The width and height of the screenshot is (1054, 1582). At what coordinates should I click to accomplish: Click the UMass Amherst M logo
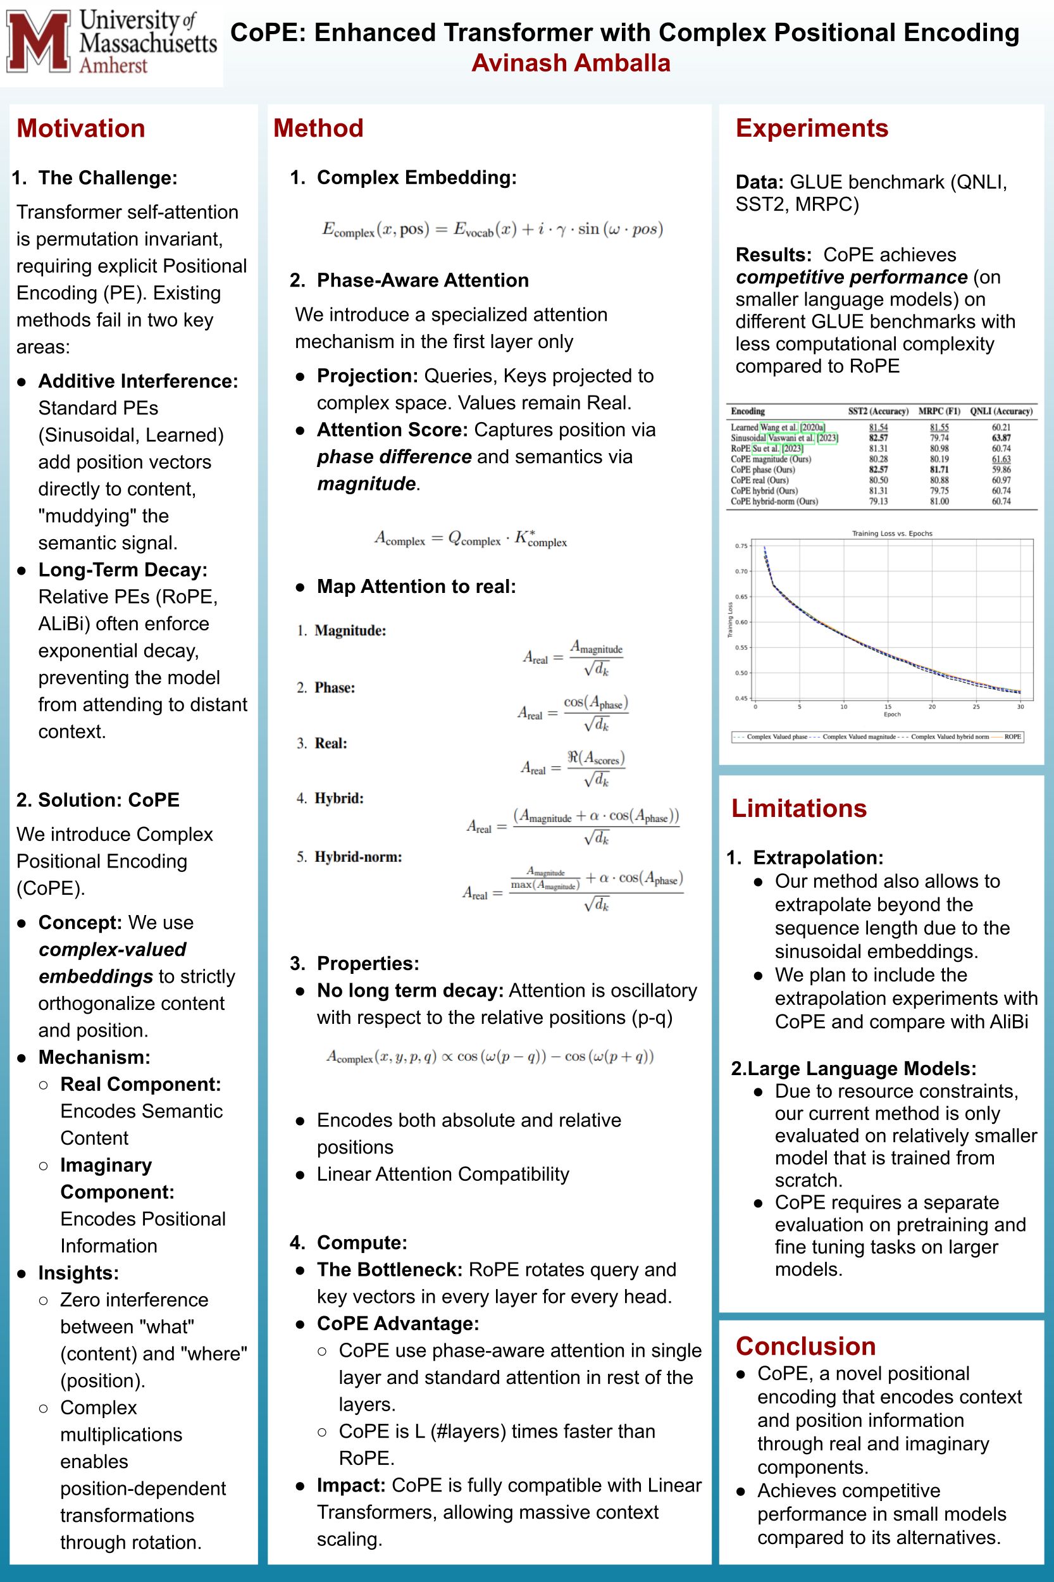click(x=39, y=42)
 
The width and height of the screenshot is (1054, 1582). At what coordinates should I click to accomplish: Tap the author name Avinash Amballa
click(x=571, y=63)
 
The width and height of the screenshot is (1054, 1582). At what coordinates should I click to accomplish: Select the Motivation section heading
click(x=81, y=128)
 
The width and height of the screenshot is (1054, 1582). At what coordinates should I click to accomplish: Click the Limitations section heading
click(x=798, y=808)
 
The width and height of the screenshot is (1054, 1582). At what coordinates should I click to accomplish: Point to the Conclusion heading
click(x=805, y=1346)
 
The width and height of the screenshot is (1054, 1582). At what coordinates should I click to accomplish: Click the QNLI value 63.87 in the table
click(x=1001, y=438)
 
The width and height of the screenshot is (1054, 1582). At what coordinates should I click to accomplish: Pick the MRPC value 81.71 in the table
click(x=939, y=470)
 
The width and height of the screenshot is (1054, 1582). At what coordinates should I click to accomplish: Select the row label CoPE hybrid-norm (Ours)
click(x=774, y=502)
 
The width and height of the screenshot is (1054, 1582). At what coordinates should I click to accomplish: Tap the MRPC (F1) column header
click(x=939, y=411)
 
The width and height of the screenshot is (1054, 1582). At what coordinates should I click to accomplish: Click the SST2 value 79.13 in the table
click(x=878, y=502)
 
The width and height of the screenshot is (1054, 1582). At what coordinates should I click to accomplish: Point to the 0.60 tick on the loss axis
click(x=741, y=622)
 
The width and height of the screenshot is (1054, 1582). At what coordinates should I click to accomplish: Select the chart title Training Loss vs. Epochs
click(x=892, y=533)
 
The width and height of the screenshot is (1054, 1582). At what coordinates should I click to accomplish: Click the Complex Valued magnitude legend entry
click(x=859, y=737)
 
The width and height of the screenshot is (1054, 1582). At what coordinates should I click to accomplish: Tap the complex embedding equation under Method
click(x=493, y=229)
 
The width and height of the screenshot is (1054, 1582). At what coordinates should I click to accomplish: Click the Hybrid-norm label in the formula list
click(x=357, y=857)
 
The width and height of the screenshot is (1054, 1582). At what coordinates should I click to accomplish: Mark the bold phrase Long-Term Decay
click(x=122, y=570)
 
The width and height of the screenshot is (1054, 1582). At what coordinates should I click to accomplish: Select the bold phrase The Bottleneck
click(x=389, y=1269)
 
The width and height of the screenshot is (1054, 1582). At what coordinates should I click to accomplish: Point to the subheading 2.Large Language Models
click(x=853, y=1068)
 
